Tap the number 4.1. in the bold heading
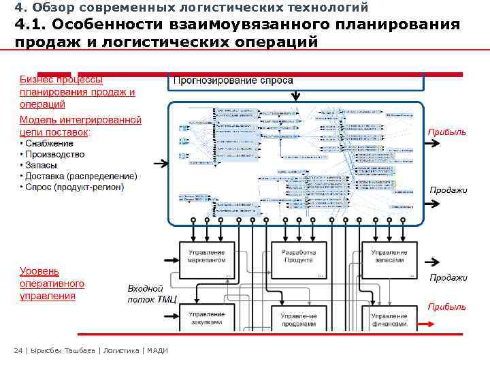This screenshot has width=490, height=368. click(30, 25)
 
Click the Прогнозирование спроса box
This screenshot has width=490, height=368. click(233, 80)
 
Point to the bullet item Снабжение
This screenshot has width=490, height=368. click(50, 143)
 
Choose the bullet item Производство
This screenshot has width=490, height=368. click(55, 154)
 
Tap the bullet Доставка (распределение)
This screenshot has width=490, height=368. click(81, 176)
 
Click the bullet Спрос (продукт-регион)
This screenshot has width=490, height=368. click(74, 187)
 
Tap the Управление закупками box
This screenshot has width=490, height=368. click(206, 318)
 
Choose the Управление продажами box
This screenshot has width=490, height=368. click(298, 320)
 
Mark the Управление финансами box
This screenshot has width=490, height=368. click(389, 320)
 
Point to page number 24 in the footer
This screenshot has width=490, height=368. click(18, 351)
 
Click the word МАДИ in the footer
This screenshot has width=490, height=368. click(157, 351)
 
